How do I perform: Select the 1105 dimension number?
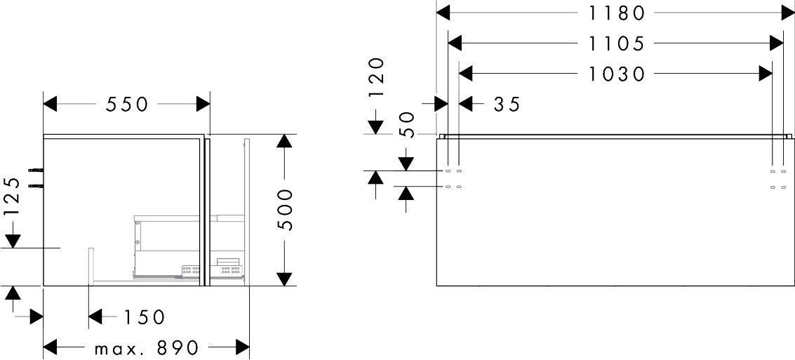click(x=615, y=44)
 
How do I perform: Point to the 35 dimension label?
click(x=507, y=105)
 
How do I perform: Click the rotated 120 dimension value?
click(x=377, y=78)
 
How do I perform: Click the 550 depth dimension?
click(x=127, y=105)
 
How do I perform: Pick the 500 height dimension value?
click(x=284, y=209)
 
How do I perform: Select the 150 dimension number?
click(x=144, y=317)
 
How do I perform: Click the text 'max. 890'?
click(x=146, y=347)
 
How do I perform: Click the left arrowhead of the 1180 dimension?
click(x=443, y=12)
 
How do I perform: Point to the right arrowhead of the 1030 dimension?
click(x=764, y=74)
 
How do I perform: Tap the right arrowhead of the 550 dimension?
click(x=203, y=105)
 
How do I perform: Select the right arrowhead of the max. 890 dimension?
click(x=243, y=347)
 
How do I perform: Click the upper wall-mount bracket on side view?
click(x=34, y=170)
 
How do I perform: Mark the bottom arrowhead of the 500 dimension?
click(x=283, y=278)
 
